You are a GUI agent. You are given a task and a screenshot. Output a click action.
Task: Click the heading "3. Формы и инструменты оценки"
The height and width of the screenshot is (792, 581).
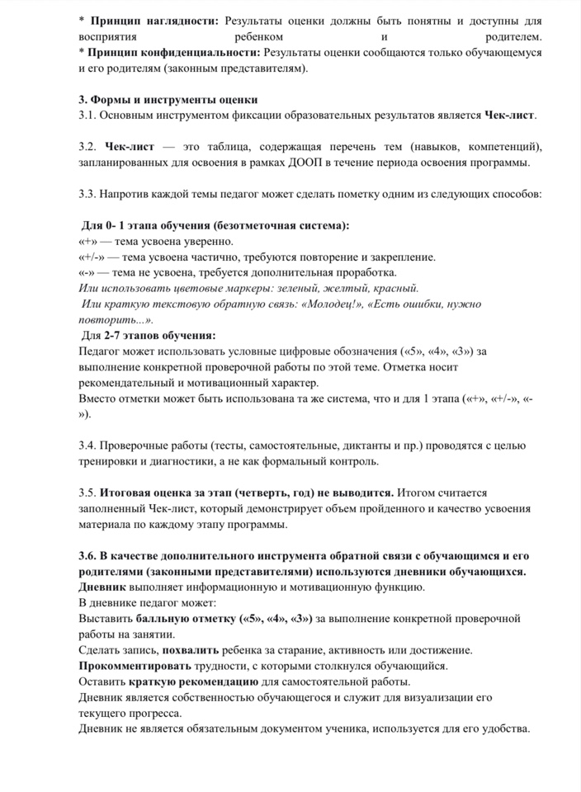click(x=168, y=100)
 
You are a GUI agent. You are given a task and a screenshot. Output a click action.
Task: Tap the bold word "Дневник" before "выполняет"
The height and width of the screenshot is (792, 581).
click(x=102, y=587)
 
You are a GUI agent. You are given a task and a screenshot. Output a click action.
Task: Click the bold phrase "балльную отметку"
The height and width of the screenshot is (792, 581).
click(x=181, y=618)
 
